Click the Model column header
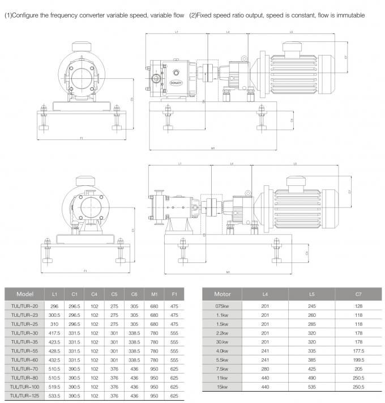click(25, 295)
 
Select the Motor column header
click(222, 295)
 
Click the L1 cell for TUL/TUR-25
click(54, 324)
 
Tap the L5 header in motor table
click(311, 295)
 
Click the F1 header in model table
click(174, 295)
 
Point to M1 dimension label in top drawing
click(213, 149)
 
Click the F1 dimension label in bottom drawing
click(85, 271)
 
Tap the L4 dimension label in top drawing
click(228, 32)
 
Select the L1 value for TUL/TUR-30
click(54, 333)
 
